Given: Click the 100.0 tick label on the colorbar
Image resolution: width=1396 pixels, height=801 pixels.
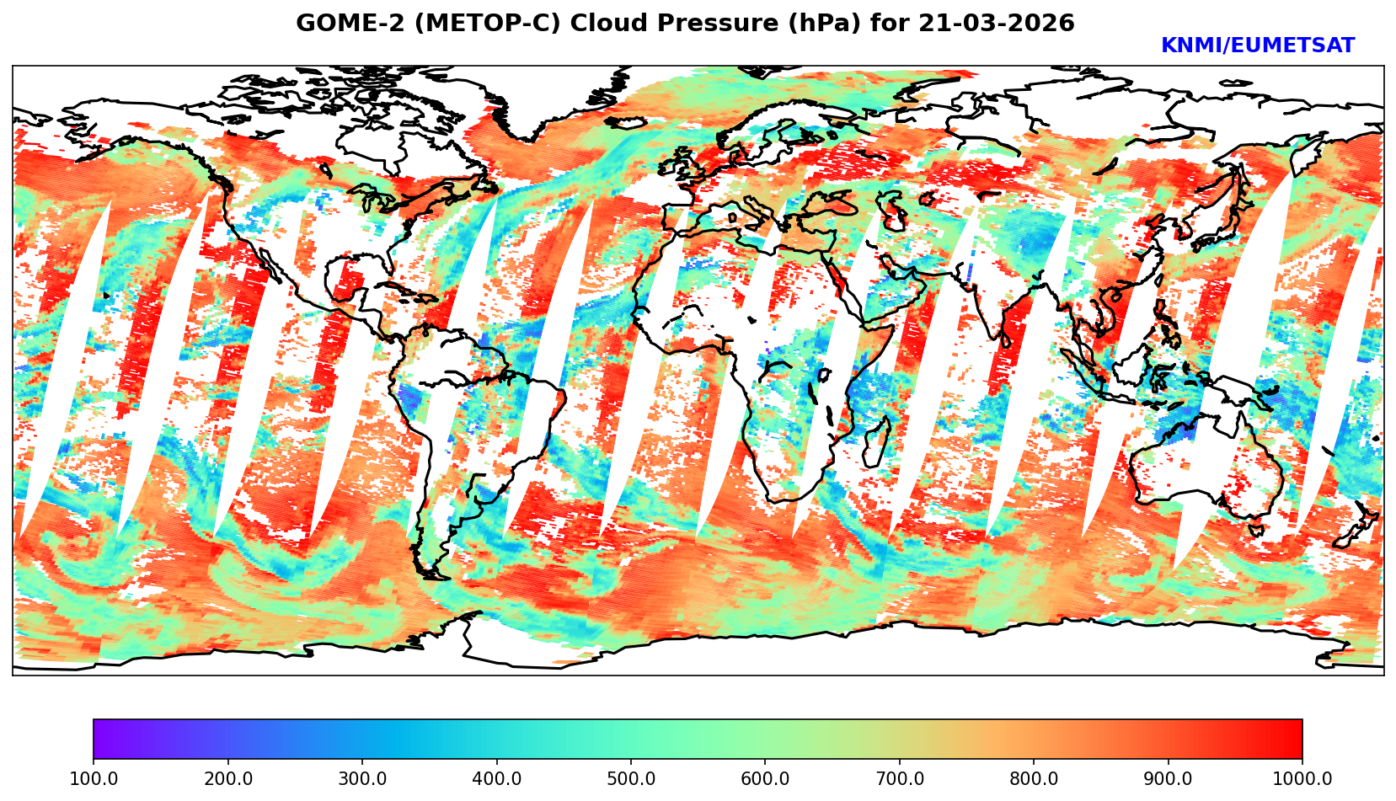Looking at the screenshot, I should pos(94,779).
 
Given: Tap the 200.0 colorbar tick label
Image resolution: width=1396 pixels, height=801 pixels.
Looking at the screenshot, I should pos(227,779).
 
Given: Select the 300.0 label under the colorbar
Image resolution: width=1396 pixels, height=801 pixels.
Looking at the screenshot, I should pos(362,779).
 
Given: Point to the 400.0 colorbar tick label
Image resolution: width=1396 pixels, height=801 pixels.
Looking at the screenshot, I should pos(496,779).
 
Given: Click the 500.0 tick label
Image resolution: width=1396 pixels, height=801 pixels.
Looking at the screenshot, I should pos(631,779).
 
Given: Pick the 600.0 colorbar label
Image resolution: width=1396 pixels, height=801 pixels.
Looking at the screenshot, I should pos(765,779).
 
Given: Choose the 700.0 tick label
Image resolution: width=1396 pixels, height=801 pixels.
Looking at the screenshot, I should pos(900,779).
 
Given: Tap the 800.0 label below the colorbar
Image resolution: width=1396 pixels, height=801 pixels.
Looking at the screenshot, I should pos(1034,779).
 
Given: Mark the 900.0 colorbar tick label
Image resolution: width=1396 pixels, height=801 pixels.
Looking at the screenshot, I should pos(1169,779).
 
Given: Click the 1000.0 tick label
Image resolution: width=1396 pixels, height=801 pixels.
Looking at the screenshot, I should pos(1302,779).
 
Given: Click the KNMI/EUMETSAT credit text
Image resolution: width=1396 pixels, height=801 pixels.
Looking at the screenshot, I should pos(1258,46).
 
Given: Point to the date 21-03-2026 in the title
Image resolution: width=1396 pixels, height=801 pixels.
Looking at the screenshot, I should pos(997,24).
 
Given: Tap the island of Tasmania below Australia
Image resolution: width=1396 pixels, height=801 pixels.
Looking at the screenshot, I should pos(1255,530).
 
